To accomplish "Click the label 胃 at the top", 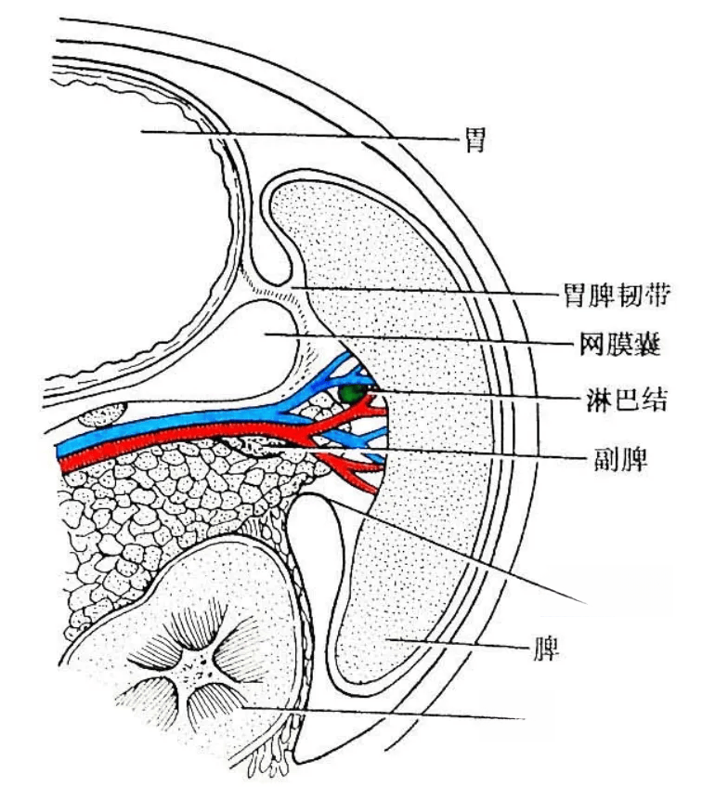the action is pos(475,140).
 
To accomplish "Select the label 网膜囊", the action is pos(620,345).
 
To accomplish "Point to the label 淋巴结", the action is pos(627,400).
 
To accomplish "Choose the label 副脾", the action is pos(621,458).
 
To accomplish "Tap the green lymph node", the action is pos(350,394).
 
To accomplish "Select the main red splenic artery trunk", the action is pos(175,444).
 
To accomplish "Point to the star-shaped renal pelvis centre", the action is pos(197,666).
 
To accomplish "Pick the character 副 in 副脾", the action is pos(607,458).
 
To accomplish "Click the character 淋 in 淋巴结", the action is pos(600,400).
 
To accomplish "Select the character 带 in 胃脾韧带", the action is pos(657,295).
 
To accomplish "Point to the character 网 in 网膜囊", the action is pos(592,345).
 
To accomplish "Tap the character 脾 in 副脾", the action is pos(635,458).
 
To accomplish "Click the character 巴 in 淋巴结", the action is pos(627,400).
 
